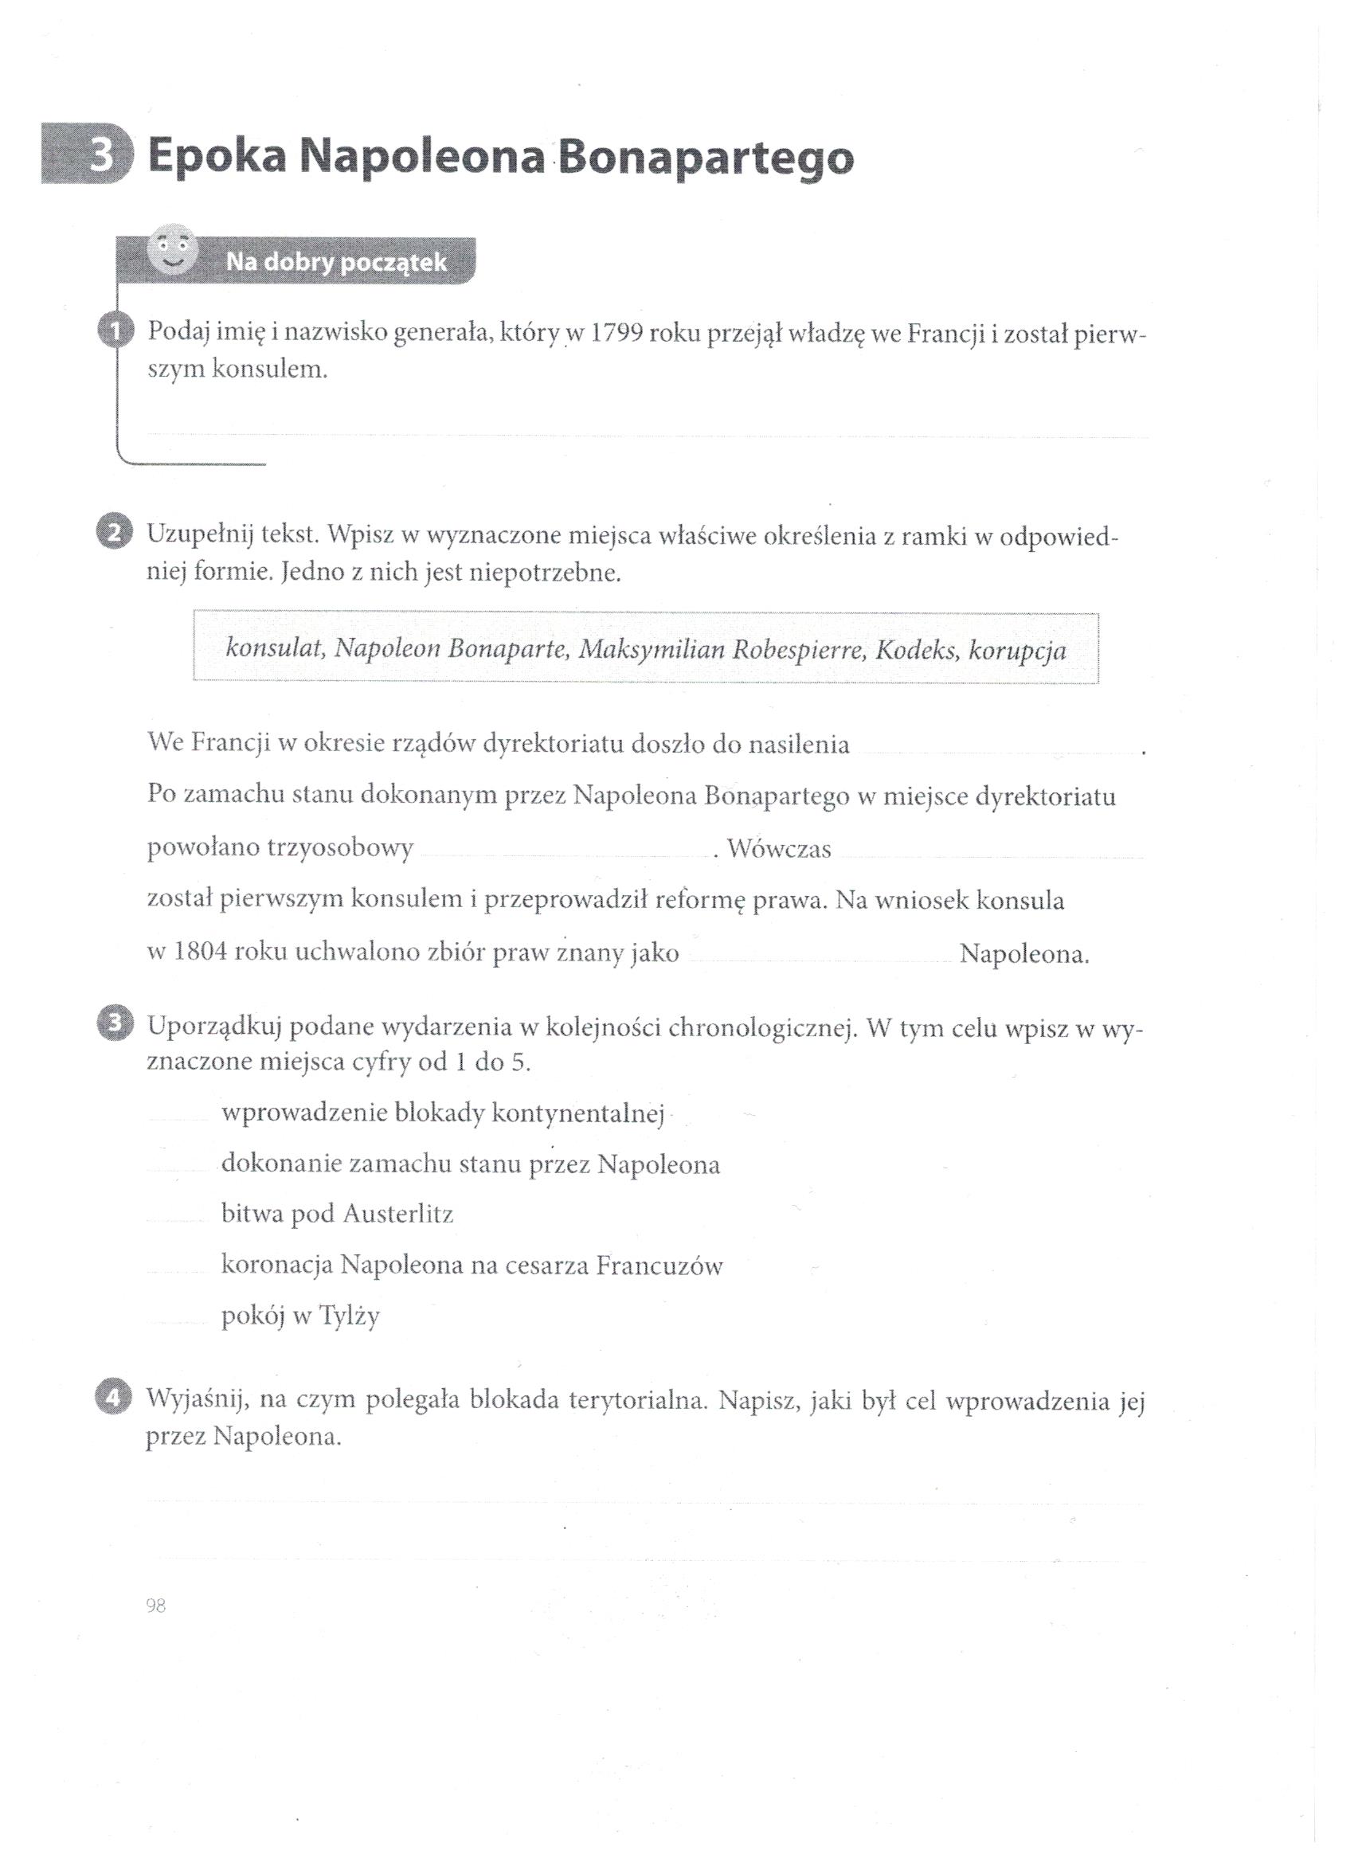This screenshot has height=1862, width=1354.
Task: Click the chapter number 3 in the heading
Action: coord(100,156)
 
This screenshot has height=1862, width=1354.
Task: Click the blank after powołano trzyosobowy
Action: coord(564,851)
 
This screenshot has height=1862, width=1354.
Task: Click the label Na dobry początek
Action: coord(337,263)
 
